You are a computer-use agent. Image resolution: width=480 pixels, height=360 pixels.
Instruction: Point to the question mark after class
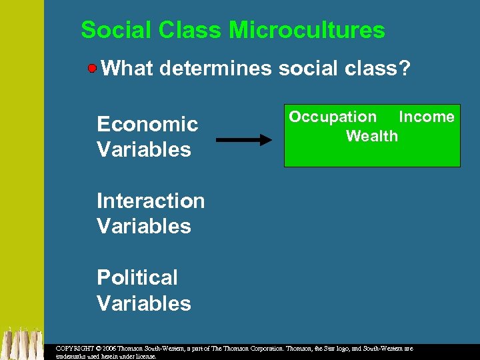(x=403, y=68)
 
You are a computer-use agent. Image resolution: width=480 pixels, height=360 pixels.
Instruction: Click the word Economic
(x=147, y=124)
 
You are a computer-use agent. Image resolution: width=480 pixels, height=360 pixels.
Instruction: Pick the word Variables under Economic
(x=144, y=149)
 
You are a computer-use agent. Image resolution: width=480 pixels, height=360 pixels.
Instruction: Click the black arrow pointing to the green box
(x=244, y=140)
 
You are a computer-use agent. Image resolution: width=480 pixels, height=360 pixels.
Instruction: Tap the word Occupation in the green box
(x=333, y=117)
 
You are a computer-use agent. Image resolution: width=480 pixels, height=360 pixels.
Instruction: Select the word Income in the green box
(x=427, y=117)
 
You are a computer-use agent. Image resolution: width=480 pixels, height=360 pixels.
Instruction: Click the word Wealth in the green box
(x=372, y=136)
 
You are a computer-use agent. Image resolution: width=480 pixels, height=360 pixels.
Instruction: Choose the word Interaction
(x=151, y=201)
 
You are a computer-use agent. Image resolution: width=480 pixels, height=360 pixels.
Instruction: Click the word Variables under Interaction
(x=144, y=226)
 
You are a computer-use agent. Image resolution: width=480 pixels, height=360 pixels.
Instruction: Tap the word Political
(x=137, y=277)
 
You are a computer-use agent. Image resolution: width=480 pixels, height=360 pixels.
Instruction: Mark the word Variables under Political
(x=144, y=303)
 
